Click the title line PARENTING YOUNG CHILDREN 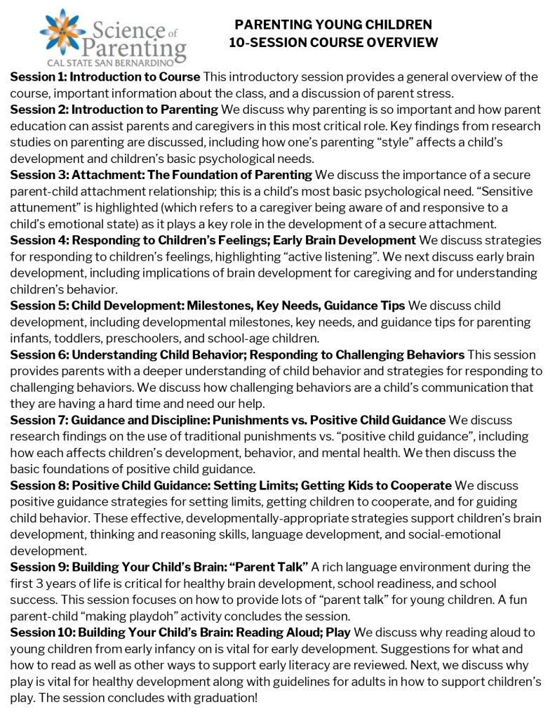pyautogui.click(x=333, y=25)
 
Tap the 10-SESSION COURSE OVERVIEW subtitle pyautogui.click(x=333, y=43)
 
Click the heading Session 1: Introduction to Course pyautogui.click(x=105, y=77)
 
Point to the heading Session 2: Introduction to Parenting pyautogui.click(x=114, y=109)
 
